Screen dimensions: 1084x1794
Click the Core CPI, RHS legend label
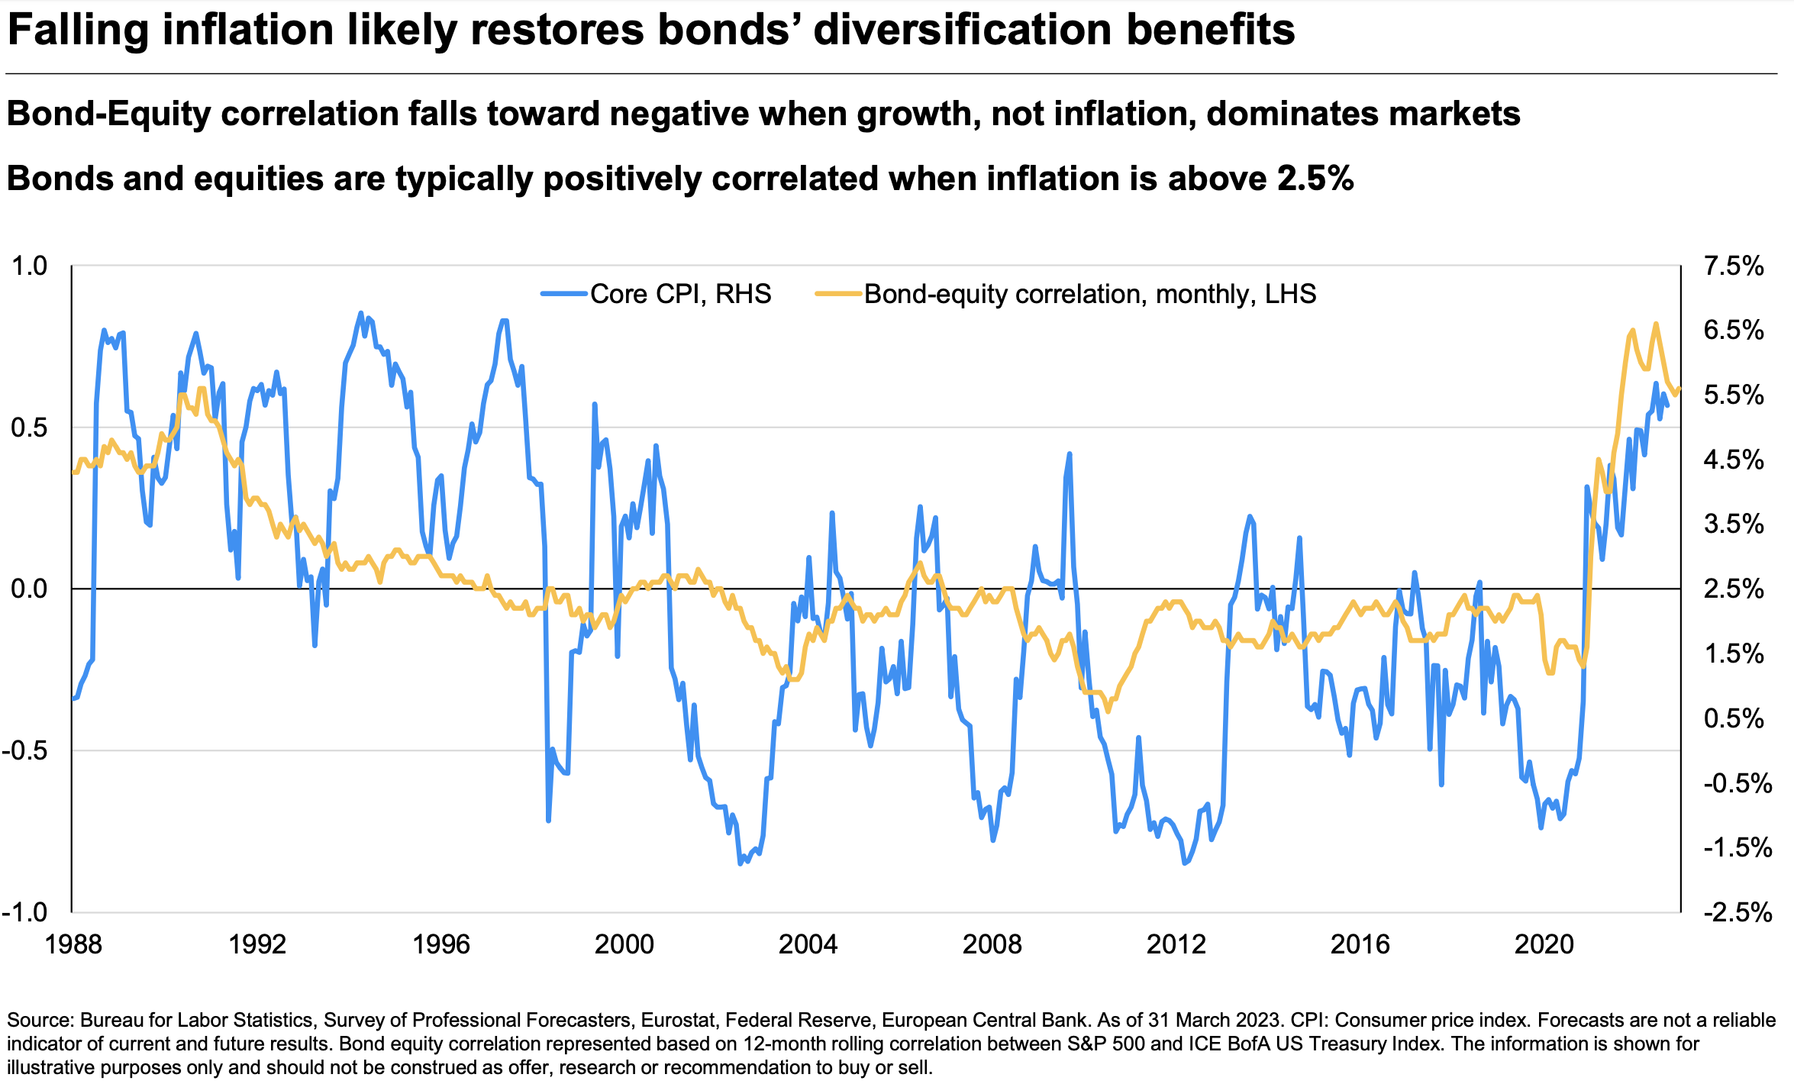tap(680, 294)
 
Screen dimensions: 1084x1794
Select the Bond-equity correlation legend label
tap(1089, 294)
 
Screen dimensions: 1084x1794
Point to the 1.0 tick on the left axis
tap(29, 266)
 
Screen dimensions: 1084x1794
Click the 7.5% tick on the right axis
tap(1734, 266)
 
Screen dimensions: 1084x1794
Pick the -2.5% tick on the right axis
tap(1734, 912)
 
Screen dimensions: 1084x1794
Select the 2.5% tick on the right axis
tap(1734, 589)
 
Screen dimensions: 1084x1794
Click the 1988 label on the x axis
tap(73, 944)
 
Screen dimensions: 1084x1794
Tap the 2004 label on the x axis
tap(808, 944)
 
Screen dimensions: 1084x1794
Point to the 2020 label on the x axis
tap(1544, 944)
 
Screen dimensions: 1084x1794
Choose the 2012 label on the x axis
tap(1176, 944)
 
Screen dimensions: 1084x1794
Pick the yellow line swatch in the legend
tap(838, 294)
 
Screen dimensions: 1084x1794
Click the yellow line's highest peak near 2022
tap(1656, 324)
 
